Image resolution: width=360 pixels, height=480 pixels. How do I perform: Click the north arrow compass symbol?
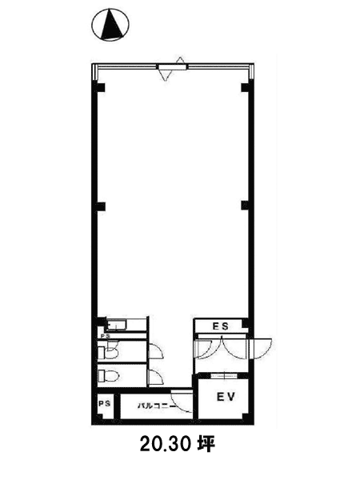pyautogui.click(x=110, y=25)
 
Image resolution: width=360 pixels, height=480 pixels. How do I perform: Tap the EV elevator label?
pyautogui.click(x=226, y=397)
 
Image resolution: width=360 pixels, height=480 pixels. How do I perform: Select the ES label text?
pyautogui.click(x=221, y=326)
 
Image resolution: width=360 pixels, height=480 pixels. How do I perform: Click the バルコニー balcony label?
pyautogui.click(x=157, y=406)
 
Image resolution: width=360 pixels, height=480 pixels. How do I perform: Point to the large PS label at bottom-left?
pyautogui.click(x=104, y=404)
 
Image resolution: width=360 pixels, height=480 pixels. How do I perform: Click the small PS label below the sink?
pyautogui.click(x=106, y=336)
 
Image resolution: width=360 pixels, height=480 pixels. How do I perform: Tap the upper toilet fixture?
pyautogui.click(x=108, y=352)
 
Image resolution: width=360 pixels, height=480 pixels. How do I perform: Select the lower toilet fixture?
pyautogui.click(x=108, y=375)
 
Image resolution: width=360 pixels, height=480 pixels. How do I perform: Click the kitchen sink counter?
pyautogui.click(x=116, y=326)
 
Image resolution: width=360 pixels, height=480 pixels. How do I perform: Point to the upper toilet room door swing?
pyautogui.click(x=155, y=351)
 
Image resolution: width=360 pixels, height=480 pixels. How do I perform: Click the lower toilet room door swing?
pyautogui.click(x=155, y=377)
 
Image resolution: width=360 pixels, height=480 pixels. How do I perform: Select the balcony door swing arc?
pyautogui.click(x=182, y=401)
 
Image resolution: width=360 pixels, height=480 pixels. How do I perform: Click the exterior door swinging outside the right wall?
pyautogui.click(x=261, y=348)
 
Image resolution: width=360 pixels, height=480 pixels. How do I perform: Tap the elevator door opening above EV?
pyautogui.click(x=224, y=376)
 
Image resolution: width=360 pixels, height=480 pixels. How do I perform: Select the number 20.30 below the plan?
pyautogui.click(x=166, y=445)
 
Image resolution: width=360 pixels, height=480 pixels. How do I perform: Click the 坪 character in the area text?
pyautogui.click(x=205, y=445)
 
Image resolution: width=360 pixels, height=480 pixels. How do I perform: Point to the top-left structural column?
pyautogui.click(x=100, y=87)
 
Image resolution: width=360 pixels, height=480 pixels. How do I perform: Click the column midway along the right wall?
pyautogui.click(x=246, y=206)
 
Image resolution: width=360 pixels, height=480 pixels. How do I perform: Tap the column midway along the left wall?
pyautogui.click(x=100, y=206)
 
